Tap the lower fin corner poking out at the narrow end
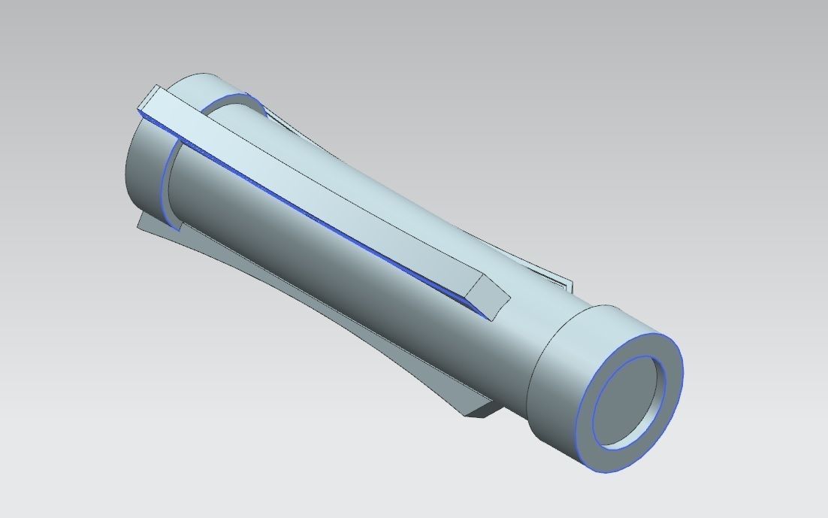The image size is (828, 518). click(x=147, y=223)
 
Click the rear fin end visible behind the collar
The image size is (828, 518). click(x=564, y=286)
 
